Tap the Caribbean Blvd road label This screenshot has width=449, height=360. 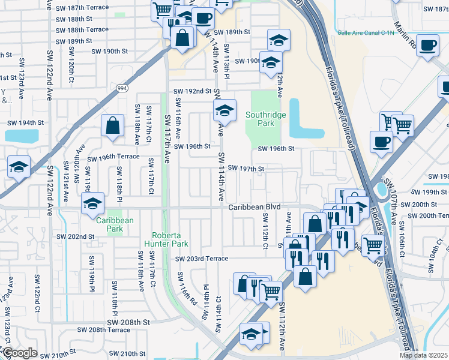pos(255,206)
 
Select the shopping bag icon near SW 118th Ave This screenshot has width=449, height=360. pos(112,127)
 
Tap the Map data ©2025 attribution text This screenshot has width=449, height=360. pos(424,355)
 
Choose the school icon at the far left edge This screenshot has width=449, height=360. pos(18,167)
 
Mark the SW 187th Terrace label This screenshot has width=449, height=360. pos(82,7)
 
